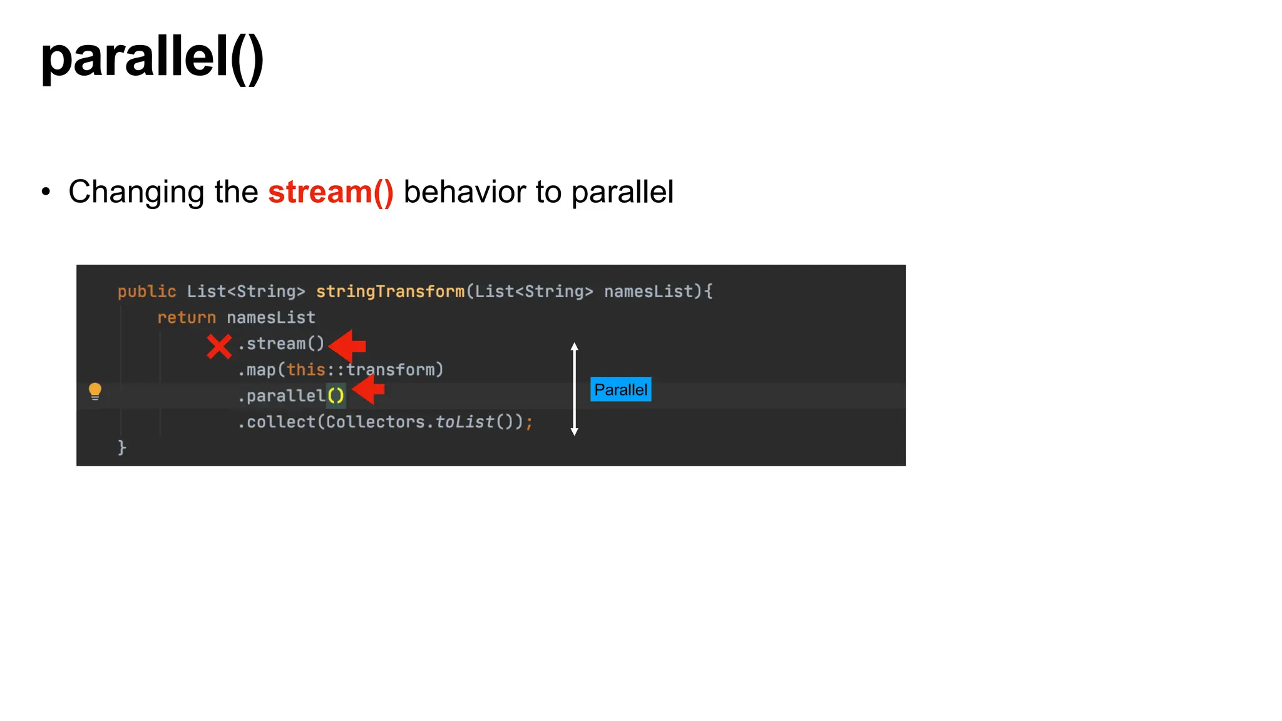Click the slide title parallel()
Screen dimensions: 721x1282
point(152,58)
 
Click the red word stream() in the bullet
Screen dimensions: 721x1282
point(331,192)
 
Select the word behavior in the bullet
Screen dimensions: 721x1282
point(464,192)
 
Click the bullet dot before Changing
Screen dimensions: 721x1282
point(46,192)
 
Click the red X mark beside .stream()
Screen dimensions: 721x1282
point(219,346)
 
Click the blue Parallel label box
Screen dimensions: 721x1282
point(620,389)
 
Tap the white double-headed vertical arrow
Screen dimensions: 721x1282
point(574,389)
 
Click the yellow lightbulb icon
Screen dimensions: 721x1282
point(95,391)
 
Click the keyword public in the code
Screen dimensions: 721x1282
point(146,292)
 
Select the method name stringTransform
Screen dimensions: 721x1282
point(390,292)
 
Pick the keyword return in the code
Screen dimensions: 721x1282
point(187,318)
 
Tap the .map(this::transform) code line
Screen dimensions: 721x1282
point(341,370)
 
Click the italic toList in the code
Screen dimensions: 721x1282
point(464,422)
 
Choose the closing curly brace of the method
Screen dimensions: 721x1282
point(122,447)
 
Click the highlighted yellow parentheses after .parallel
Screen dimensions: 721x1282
point(336,396)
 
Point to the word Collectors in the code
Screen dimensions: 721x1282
point(375,422)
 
